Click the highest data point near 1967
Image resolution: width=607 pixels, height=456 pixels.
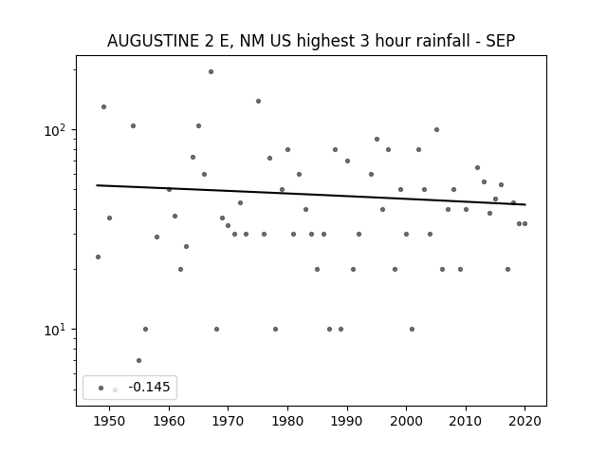[211, 72]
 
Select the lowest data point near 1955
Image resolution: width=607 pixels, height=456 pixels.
[139, 361]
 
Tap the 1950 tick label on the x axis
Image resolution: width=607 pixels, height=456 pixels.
[110, 421]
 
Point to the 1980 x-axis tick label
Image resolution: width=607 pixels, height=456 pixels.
[287, 421]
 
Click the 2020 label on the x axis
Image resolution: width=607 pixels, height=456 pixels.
[524, 421]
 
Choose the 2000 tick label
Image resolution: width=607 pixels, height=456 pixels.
[406, 421]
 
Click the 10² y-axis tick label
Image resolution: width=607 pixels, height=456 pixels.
[57, 131]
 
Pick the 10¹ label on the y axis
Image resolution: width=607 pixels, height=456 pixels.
[57, 330]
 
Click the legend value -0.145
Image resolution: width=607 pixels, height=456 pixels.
[149, 387]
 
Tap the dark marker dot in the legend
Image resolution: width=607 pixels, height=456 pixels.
[101, 389]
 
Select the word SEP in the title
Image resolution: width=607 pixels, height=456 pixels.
[501, 41]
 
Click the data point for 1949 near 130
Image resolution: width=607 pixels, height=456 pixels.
[103, 107]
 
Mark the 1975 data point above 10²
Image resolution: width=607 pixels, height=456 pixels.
[258, 102]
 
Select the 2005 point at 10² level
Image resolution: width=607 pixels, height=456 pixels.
[436, 130]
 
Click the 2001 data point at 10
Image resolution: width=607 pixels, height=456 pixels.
[412, 330]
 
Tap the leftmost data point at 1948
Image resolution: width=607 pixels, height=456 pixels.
[98, 257]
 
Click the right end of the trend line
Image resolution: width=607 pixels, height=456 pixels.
[525, 204]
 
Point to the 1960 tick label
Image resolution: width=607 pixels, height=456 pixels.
[169, 421]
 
